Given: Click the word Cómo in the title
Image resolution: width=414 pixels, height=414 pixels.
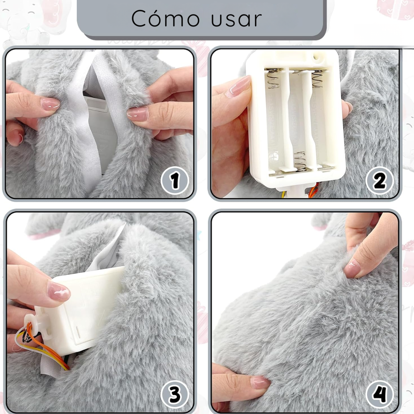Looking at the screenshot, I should pyautogui.click(x=166, y=19).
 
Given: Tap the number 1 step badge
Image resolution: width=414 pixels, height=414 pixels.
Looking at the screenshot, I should pyautogui.click(x=175, y=181).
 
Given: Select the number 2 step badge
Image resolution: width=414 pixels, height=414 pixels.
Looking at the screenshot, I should pyautogui.click(x=379, y=181).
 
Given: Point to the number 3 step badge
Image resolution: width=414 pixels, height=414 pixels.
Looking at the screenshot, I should pyautogui.click(x=175, y=394).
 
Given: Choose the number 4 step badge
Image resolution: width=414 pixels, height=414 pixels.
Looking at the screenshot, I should pyautogui.click(x=379, y=394).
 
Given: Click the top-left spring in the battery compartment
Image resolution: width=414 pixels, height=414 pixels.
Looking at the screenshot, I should pyautogui.click(x=273, y=79).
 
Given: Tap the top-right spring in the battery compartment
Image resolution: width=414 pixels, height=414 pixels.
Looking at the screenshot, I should pyautogui.click(x=318, y=79).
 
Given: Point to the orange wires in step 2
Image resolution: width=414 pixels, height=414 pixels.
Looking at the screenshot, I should pyautogui.click(x=314, y=191).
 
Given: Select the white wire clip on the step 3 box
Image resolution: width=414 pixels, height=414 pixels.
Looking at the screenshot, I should pyautogui.click(x=31, y=321).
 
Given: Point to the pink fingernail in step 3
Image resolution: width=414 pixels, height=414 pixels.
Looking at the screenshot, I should pyautogui.click(x=58, y=292).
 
